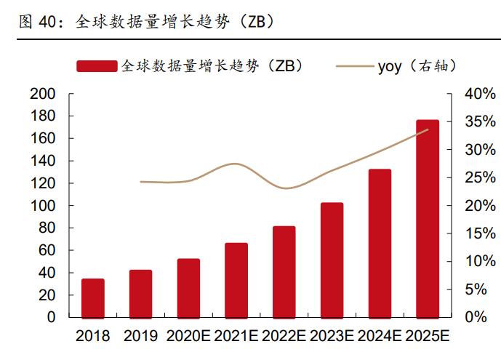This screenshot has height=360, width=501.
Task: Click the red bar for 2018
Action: pos(92,298)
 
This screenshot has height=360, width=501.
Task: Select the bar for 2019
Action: pos(140,294)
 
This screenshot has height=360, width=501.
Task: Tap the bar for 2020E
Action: pos(188,288)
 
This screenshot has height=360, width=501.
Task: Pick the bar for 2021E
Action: pos(236,280)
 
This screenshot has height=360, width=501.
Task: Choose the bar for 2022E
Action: pos(284,272)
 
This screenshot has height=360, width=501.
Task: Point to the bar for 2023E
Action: pos(332,260)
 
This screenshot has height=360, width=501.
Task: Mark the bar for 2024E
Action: pos(380,243)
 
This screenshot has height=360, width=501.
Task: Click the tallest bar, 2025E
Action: pos(428,218)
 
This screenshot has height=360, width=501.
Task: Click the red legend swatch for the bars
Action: pos(96,66)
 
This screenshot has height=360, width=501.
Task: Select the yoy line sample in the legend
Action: pos(354,66)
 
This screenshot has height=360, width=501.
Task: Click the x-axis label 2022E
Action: pos(284,336)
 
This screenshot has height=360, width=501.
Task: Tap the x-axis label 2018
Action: pos(92,336)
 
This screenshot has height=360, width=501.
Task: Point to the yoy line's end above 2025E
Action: pos(428,129)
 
